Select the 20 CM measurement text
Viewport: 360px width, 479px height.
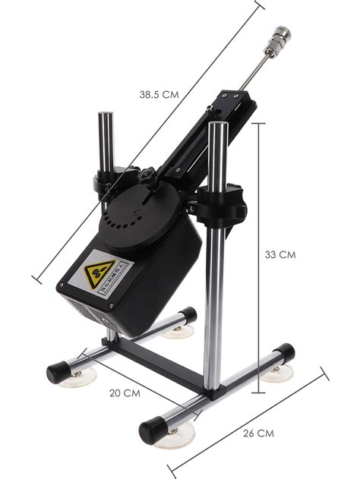[125, 392]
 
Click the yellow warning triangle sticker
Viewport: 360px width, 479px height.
[100, 274]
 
